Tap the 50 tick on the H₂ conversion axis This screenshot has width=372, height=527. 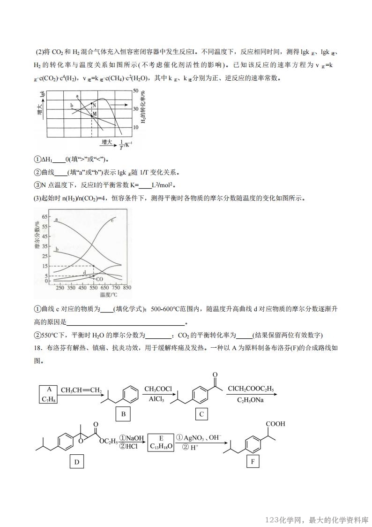point(136,90)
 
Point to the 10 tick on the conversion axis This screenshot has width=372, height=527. point(136,127)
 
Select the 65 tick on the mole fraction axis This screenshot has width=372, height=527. point(45,217)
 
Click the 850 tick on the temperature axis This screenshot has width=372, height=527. point(126,288)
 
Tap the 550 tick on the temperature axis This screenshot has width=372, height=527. point(93,288)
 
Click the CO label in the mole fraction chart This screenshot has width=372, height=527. point(99,279)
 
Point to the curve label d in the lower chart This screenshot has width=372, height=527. point(84,272)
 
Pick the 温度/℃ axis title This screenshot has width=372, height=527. point(108,295)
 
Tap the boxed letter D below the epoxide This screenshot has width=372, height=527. point(77,462)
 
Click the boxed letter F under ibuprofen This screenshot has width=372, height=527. point(253,462)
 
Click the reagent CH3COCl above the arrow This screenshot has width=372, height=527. point(158,389)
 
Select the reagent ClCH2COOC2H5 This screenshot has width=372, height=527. point(251,389)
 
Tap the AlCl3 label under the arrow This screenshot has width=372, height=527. point(157,399)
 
